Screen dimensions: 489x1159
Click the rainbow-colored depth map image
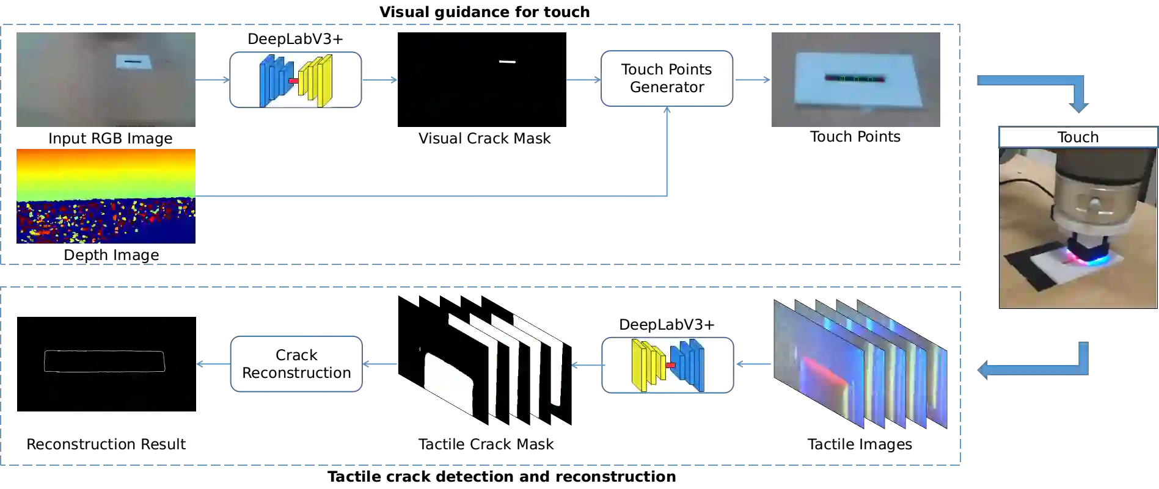[x=104, y=195]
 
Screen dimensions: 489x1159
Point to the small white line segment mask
[x=507, y=62]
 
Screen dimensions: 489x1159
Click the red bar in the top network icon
[x=293, y=81]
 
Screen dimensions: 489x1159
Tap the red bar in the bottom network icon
[x=670, y=365]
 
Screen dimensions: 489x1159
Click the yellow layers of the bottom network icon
[x=647, y=364]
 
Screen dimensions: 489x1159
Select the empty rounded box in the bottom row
[x=297, y=364]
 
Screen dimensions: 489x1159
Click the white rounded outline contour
[x=104, y=361]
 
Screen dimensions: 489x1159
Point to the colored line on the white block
[x=855, y=78]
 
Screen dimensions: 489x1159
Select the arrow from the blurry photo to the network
[x=211, y=80]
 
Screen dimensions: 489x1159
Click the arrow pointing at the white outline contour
[x=211, y=364]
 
